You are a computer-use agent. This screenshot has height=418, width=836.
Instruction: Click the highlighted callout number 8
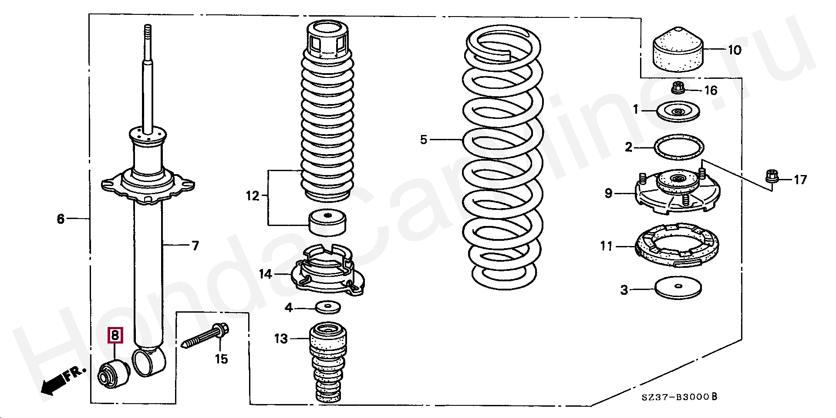115,335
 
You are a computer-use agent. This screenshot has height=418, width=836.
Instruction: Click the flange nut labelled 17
771,176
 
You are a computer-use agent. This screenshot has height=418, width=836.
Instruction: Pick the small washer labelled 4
328,307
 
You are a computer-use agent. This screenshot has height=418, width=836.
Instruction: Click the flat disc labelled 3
678,288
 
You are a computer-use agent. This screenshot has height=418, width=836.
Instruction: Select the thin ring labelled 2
679,147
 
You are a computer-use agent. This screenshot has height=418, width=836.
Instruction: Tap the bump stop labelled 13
328,361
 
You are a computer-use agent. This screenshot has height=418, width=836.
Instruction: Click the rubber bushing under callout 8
113,374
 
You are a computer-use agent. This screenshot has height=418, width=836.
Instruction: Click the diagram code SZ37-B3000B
679,397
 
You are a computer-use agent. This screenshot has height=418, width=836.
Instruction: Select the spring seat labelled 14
327,272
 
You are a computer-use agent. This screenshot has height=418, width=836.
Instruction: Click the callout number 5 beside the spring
424,140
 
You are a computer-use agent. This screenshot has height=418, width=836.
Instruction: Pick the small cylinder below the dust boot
327,222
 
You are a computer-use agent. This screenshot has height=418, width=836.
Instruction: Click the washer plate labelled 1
678,112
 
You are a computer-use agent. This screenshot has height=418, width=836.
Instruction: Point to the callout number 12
253,196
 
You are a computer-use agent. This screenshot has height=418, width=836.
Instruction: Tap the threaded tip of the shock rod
148,32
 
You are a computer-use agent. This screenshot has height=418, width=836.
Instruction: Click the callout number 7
196,246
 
